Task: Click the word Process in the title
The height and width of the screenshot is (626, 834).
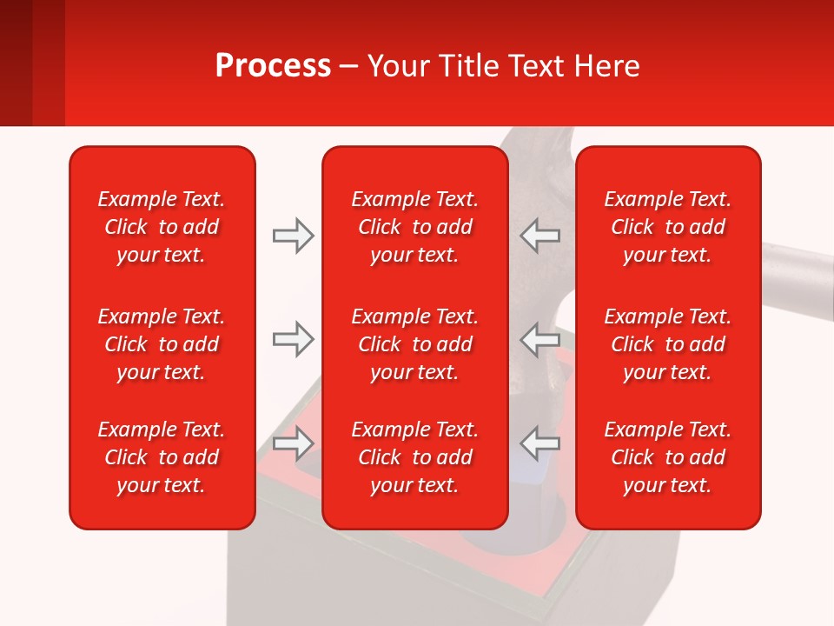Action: tap(273, 65)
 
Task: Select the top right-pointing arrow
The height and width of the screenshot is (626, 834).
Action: tap(293, 236)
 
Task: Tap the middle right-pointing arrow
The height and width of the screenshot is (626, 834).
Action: tap(293, 339)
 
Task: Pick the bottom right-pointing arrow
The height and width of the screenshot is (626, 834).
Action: tap(293, 443)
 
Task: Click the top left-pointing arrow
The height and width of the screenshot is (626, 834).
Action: tap(540, 236)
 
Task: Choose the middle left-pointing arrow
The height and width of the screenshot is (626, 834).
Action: tap(540, 339)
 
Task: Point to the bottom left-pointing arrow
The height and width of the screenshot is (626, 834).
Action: tap(540, 443)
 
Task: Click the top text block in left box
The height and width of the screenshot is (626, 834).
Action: tap(162, 227)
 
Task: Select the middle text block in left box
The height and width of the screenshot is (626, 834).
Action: tap(162, 344)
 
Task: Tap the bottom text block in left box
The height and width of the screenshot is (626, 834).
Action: tap(162, 457)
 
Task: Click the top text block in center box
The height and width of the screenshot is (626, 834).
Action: tap(414, 227)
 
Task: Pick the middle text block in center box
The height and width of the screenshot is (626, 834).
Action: tap(414, 344)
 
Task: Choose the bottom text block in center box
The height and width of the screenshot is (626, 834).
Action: tap(414, 457)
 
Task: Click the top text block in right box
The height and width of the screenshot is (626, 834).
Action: tap(667, 227)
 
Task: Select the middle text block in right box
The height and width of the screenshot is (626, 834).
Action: tap(667, 344)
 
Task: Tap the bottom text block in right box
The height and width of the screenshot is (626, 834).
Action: tap(667, 457)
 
